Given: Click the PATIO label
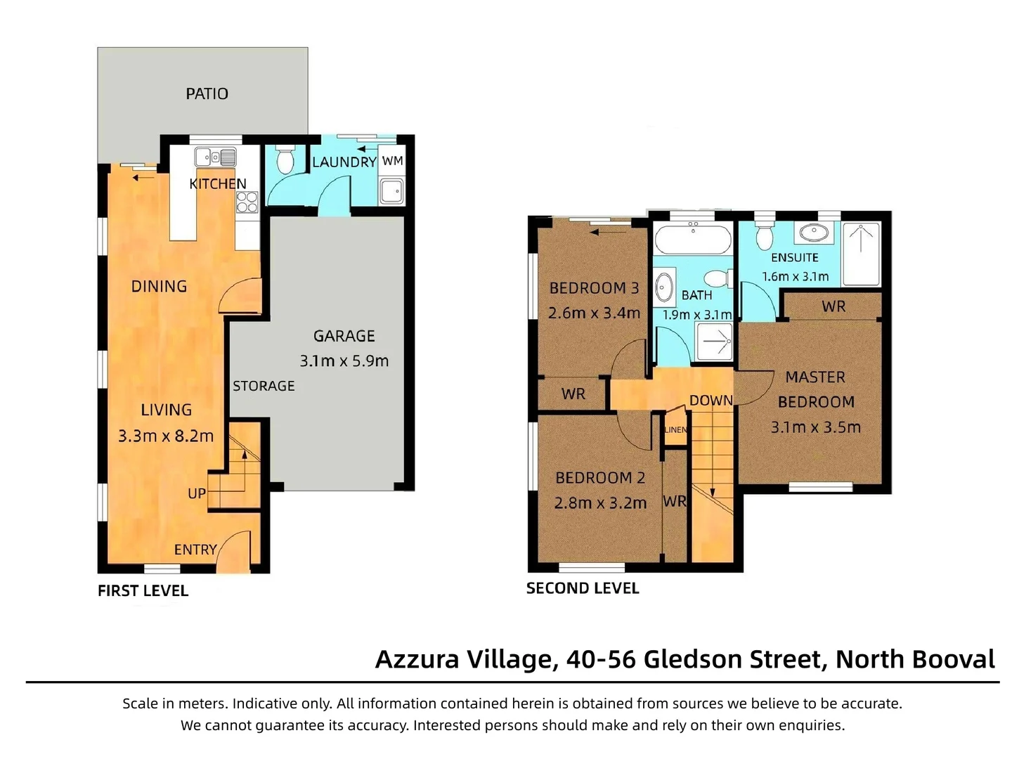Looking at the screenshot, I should point(207,93).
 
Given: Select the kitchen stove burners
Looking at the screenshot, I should point(247,202).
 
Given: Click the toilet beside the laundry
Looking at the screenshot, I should point(285,161).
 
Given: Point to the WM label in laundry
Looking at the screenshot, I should point(392,161).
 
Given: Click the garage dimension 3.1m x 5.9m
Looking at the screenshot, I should point(344,361).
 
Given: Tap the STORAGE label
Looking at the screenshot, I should point(264,386).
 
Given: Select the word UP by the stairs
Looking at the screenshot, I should point(197,493).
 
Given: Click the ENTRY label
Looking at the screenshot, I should point(195,550).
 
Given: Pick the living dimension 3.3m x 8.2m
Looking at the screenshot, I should point(166,436).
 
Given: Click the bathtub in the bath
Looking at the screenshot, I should point(692,240).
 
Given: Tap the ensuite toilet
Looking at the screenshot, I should point(765,237).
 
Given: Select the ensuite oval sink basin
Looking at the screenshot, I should point(814,231).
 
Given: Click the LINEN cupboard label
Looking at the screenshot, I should point(676,429).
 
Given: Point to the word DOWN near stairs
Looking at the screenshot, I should point(711,401).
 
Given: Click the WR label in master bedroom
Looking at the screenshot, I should point(833,306).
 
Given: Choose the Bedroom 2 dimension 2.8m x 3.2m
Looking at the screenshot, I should point(600,503).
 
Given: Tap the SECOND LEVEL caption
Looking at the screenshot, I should point(583,588).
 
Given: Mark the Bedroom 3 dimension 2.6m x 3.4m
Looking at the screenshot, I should point(594,313).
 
